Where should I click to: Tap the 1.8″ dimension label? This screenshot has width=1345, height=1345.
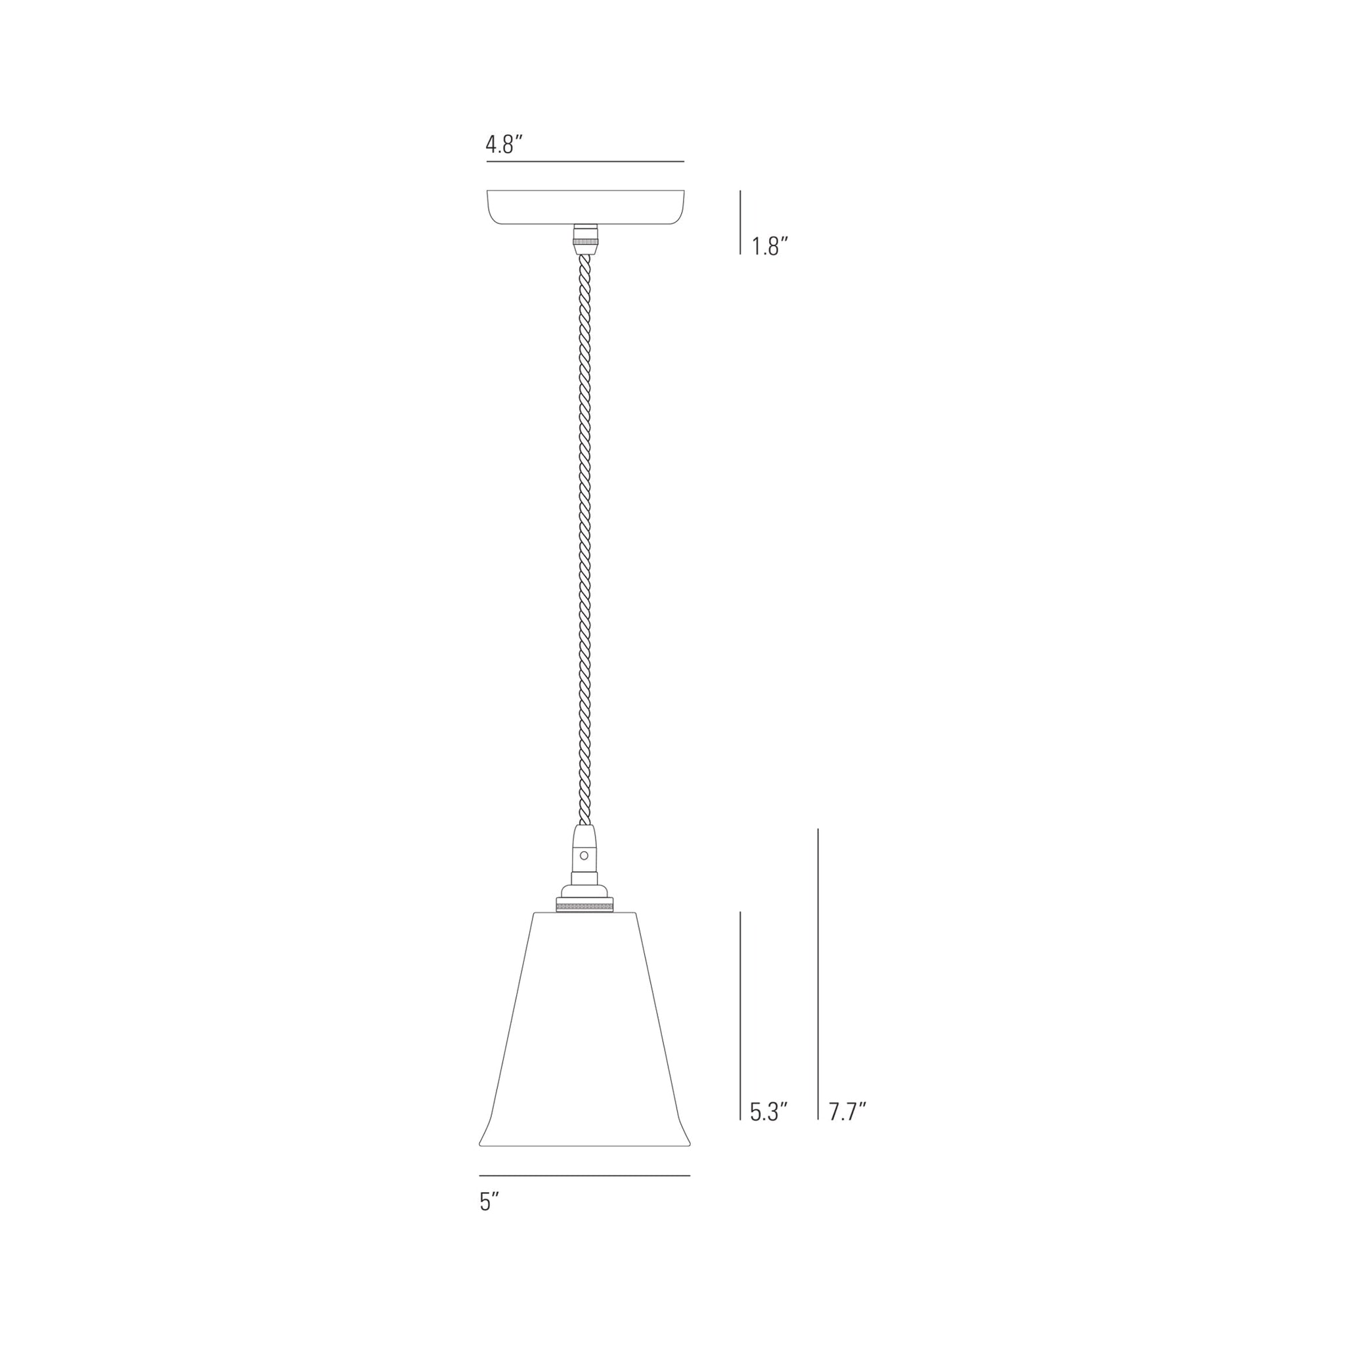[x=770, y=246]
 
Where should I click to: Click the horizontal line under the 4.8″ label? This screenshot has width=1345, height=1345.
[x=584, y=162]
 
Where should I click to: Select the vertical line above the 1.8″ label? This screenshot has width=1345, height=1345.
[x=740, y=222]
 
